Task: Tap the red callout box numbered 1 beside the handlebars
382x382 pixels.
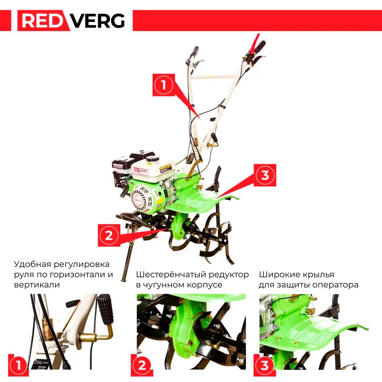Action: click(163, 85)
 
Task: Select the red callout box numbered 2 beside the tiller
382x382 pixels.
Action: click(109, 235)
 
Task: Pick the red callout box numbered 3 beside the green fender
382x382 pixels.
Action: click(265, 175)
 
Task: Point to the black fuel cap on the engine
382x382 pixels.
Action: click(153, 160)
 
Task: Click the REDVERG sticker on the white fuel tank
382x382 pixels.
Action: click(141, 171)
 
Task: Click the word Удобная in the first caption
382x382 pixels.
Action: click(32, 264)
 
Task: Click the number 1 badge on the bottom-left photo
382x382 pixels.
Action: click(18, 365)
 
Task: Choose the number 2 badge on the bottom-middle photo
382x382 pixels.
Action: click(142, 365)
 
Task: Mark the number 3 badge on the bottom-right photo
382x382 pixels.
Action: click(265, 365)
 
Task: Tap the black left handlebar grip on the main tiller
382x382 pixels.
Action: click(195, 51)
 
